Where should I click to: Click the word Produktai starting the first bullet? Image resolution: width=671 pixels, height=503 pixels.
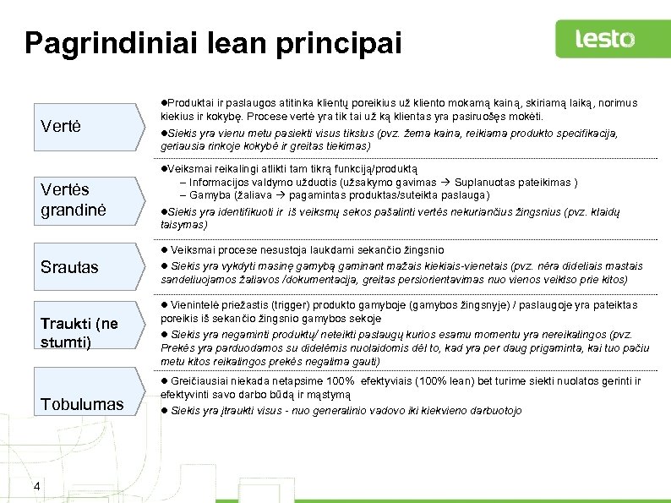pyautogui.click(x=188, y=102)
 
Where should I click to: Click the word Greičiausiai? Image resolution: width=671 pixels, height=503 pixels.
pyautogui.click(x=199, y=381)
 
